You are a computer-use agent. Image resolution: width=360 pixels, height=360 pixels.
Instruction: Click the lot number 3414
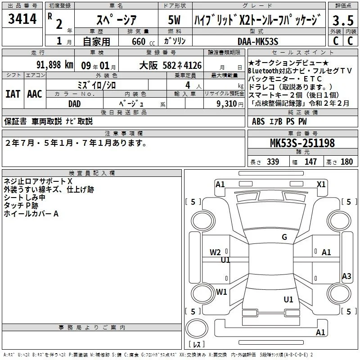[22, 18]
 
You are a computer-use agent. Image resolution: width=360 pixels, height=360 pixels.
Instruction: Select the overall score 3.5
[343, 20]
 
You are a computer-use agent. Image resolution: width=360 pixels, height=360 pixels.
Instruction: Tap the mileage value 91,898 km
[54, 65]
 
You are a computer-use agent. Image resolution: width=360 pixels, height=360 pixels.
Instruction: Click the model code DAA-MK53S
[258, 41]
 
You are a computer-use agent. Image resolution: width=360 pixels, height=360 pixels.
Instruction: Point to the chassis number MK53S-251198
[302, 143]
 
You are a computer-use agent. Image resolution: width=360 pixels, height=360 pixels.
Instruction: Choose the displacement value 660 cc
[143, 41]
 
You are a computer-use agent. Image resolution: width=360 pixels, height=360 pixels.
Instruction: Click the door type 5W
[174, 20]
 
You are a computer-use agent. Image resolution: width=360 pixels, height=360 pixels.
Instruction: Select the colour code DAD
[74, 104]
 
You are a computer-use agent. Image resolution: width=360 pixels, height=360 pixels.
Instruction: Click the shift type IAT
[13, 94]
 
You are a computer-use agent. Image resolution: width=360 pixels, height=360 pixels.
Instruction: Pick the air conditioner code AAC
[35, 94]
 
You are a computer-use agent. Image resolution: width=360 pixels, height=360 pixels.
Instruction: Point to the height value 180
[346, 162]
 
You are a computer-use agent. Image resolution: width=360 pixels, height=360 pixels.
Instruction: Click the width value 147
[310, 162]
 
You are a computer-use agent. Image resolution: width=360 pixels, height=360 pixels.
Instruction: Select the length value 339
[273, 162]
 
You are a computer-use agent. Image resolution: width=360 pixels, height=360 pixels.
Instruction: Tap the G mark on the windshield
[284, 237]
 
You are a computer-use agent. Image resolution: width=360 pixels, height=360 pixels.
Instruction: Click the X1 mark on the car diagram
[321, 184]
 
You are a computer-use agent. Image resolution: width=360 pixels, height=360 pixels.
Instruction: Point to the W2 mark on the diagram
[215, 252]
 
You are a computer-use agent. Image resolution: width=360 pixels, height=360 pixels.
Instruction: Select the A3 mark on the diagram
[346, 276]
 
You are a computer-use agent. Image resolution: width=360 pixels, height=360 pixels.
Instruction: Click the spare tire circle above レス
[197, 328]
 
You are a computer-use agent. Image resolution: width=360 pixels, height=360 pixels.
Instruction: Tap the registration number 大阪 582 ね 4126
[171, 65]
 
